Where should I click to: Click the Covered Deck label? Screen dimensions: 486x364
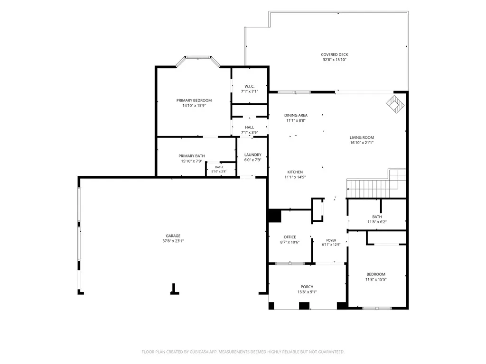coord(335,55)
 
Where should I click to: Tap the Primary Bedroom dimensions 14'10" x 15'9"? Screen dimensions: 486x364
coord(194,106)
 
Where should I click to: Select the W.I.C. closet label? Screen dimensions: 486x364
coord(250,86)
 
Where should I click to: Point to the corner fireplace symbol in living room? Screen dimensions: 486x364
coord(395,104)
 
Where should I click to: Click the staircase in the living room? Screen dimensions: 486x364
coord(376,184)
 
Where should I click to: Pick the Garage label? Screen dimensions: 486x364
coord(173,236)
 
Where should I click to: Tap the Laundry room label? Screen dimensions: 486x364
coord(253,155)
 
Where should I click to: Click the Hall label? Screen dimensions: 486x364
coord(250,127)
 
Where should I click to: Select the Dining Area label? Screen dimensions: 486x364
coord(296,116)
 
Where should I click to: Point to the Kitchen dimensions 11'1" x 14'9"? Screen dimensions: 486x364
coord(295,177)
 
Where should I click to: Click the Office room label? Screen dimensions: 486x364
coord(290,237)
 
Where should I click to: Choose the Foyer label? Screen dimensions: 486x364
coord(331,240)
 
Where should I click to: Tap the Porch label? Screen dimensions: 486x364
coord(307,287)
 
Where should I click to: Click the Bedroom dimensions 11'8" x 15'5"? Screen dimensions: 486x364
coord(376,280)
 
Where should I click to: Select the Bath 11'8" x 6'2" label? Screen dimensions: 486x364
coord(377,217)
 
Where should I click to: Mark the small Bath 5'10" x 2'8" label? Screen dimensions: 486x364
coord(219,167)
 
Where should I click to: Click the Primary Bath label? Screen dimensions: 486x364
coord(192,156)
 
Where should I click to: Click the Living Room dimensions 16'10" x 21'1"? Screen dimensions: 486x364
coord(362,143)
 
